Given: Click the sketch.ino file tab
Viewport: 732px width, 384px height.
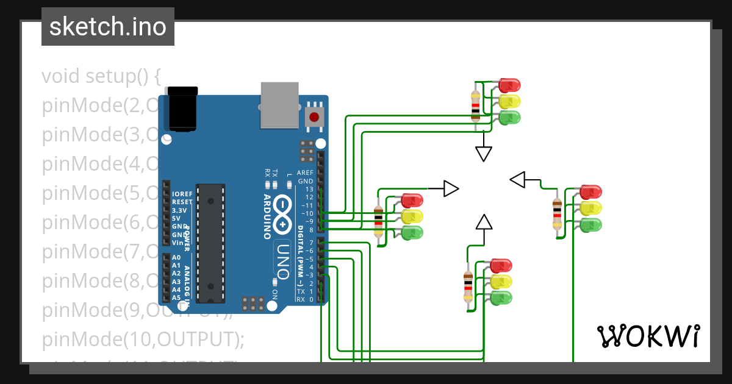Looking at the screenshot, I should point(108,27).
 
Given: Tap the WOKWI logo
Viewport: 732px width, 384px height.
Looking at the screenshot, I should point(648,336).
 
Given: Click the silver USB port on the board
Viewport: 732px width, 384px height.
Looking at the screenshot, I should point(279,105).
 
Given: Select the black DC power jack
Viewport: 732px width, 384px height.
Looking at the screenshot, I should point(182,108).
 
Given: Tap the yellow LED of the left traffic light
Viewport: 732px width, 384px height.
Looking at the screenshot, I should point(412,216).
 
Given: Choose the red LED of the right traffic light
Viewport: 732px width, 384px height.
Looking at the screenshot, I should point(590,192).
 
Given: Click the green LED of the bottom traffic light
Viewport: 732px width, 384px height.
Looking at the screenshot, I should point(501,298).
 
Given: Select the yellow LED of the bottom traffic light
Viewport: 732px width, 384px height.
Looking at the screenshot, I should point(501,282).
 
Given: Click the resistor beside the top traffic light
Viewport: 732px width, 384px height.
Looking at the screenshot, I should point(476,105).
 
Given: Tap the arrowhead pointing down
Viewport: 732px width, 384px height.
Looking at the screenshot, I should point(484,154).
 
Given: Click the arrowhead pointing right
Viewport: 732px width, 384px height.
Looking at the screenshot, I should point(451,189).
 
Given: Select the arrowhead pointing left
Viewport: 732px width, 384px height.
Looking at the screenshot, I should point(518,180).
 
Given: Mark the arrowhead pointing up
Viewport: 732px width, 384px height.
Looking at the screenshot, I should point(484,222).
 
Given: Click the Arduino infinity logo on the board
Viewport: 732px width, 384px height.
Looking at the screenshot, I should point(282,215).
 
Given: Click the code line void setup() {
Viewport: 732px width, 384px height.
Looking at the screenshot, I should point(101,77).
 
